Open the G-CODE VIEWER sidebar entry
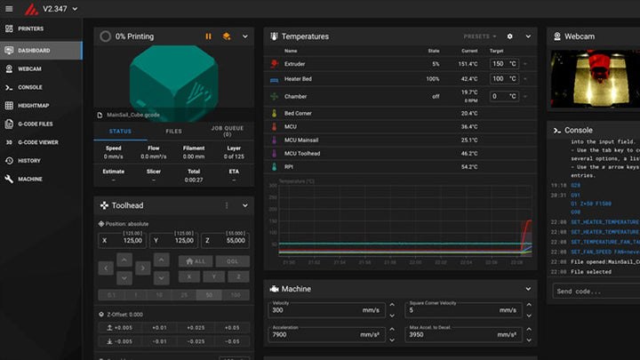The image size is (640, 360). click(x=38, y=142)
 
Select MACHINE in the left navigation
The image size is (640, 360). click(x=29, y=179)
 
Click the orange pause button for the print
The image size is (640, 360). click(x=209, y=36)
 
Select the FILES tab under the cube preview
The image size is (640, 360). click(x=173, y=132)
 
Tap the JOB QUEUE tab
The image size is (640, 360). click(x=227, y=132)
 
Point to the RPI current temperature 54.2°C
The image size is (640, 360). click(x=469, y=166)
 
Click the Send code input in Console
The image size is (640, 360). click(x=591, y=291)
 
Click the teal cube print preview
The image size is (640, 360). click(x=173, y=76)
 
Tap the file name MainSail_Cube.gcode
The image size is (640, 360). click(x=135, y=114)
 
